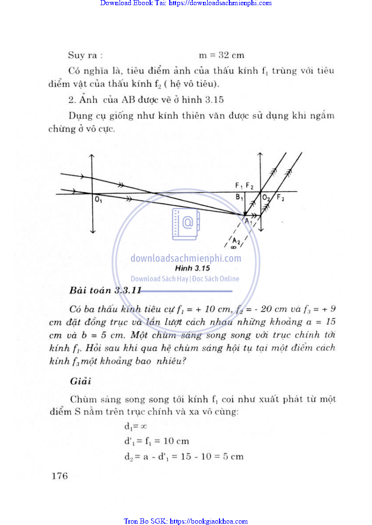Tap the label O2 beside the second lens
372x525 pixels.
[266, 198]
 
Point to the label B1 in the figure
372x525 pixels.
[239, 198]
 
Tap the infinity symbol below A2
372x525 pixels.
[233, 249]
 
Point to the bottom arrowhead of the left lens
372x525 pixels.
[93, 231]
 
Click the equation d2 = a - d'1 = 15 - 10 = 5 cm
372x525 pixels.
[183, 456]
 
